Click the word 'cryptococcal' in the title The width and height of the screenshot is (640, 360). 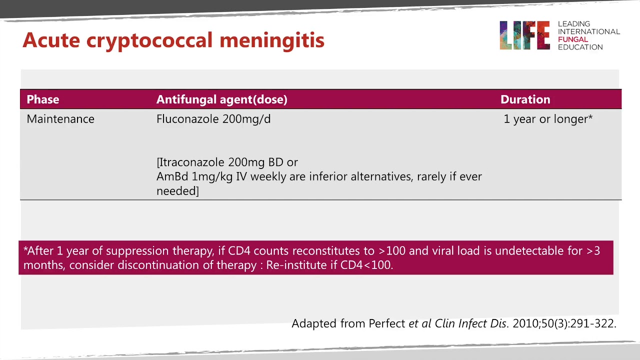pos(150,40)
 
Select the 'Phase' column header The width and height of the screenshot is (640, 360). pos(43,99)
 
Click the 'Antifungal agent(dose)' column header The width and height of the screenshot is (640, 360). pos(222,99)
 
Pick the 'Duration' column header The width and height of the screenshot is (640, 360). pos(525,99)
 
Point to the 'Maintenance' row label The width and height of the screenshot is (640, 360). pos(60,119)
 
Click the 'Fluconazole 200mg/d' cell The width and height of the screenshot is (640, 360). pos(213,119)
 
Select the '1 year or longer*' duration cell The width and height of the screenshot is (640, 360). pos(548,119)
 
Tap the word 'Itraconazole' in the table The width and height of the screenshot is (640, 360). pos(192,162)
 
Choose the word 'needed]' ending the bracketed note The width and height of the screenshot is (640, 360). pos(177,191)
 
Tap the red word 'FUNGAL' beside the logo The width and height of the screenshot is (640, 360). pos(573,39)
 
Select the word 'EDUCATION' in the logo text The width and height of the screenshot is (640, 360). pos(580,47)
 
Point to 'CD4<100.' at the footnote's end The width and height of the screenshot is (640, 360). pos(366,265)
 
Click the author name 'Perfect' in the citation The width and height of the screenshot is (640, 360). pos(387,323)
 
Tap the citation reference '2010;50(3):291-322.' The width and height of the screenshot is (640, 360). pos(564,323)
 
